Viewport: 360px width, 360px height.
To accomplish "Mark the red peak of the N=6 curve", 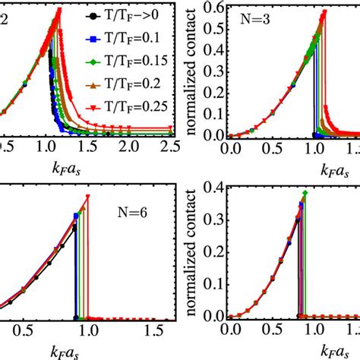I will [x=88, y=196].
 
